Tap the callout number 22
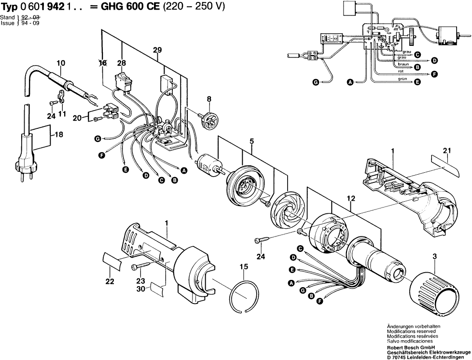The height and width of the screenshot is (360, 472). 110,282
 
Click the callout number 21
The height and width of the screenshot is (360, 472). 446,151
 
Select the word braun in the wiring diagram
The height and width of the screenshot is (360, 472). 403,64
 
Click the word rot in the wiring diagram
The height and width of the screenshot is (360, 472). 401,71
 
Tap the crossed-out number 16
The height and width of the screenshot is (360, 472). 102,63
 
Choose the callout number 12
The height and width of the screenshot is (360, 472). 350,198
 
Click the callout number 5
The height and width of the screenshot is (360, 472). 251,142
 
